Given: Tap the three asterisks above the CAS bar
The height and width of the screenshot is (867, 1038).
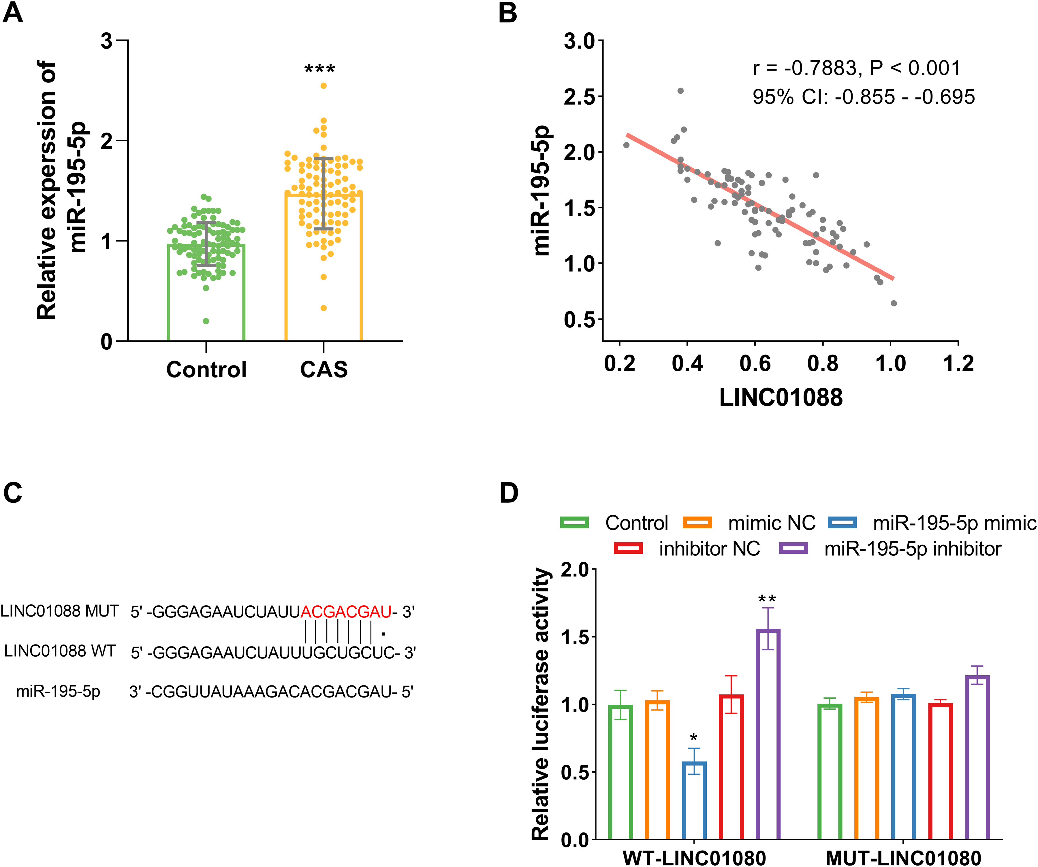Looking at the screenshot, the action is coord(320,69).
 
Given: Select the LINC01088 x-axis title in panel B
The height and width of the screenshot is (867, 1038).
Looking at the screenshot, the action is coord(781,397).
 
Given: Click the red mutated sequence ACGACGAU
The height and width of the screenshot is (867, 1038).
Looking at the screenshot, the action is coord(346,612).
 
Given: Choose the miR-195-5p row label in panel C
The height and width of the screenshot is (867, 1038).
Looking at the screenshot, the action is coord(58,691).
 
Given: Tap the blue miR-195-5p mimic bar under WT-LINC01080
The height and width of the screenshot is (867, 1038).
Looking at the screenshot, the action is coord(695,801).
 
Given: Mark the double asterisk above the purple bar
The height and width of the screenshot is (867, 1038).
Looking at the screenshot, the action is coord(767,599).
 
